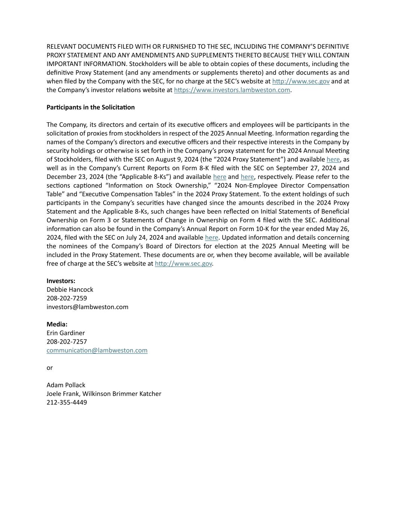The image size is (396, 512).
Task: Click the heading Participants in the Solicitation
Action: [90, 107]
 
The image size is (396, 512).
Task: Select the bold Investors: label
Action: [61, 281]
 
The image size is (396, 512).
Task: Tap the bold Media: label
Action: [57, 324]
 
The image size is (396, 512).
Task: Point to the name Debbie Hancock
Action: [70, 290]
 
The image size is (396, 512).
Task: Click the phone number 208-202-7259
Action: [66, 298]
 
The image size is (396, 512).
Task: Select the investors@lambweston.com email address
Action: [87, 307]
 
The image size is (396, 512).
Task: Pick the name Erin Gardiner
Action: [66, 333]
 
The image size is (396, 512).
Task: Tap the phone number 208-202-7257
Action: [66, 341]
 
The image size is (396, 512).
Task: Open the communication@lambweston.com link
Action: [97, 350]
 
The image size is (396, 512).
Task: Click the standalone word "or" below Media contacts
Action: [50, 368]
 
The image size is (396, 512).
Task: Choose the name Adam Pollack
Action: [66, 385]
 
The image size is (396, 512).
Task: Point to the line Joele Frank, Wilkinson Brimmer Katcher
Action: [104, 393]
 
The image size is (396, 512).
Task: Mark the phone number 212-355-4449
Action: [66, 402]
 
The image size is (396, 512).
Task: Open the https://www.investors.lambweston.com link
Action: [232, 90]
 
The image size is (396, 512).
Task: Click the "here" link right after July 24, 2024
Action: [212, 237]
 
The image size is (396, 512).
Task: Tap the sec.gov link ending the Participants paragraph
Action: [183, 263]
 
